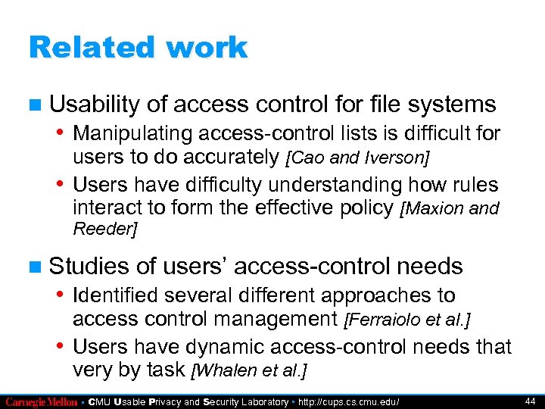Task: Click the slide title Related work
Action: [x=138, y=47]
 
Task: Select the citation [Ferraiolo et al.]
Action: [x=407, y=321]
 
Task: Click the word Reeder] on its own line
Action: [x=104, y=229]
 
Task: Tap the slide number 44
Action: [x=529, y=401]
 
